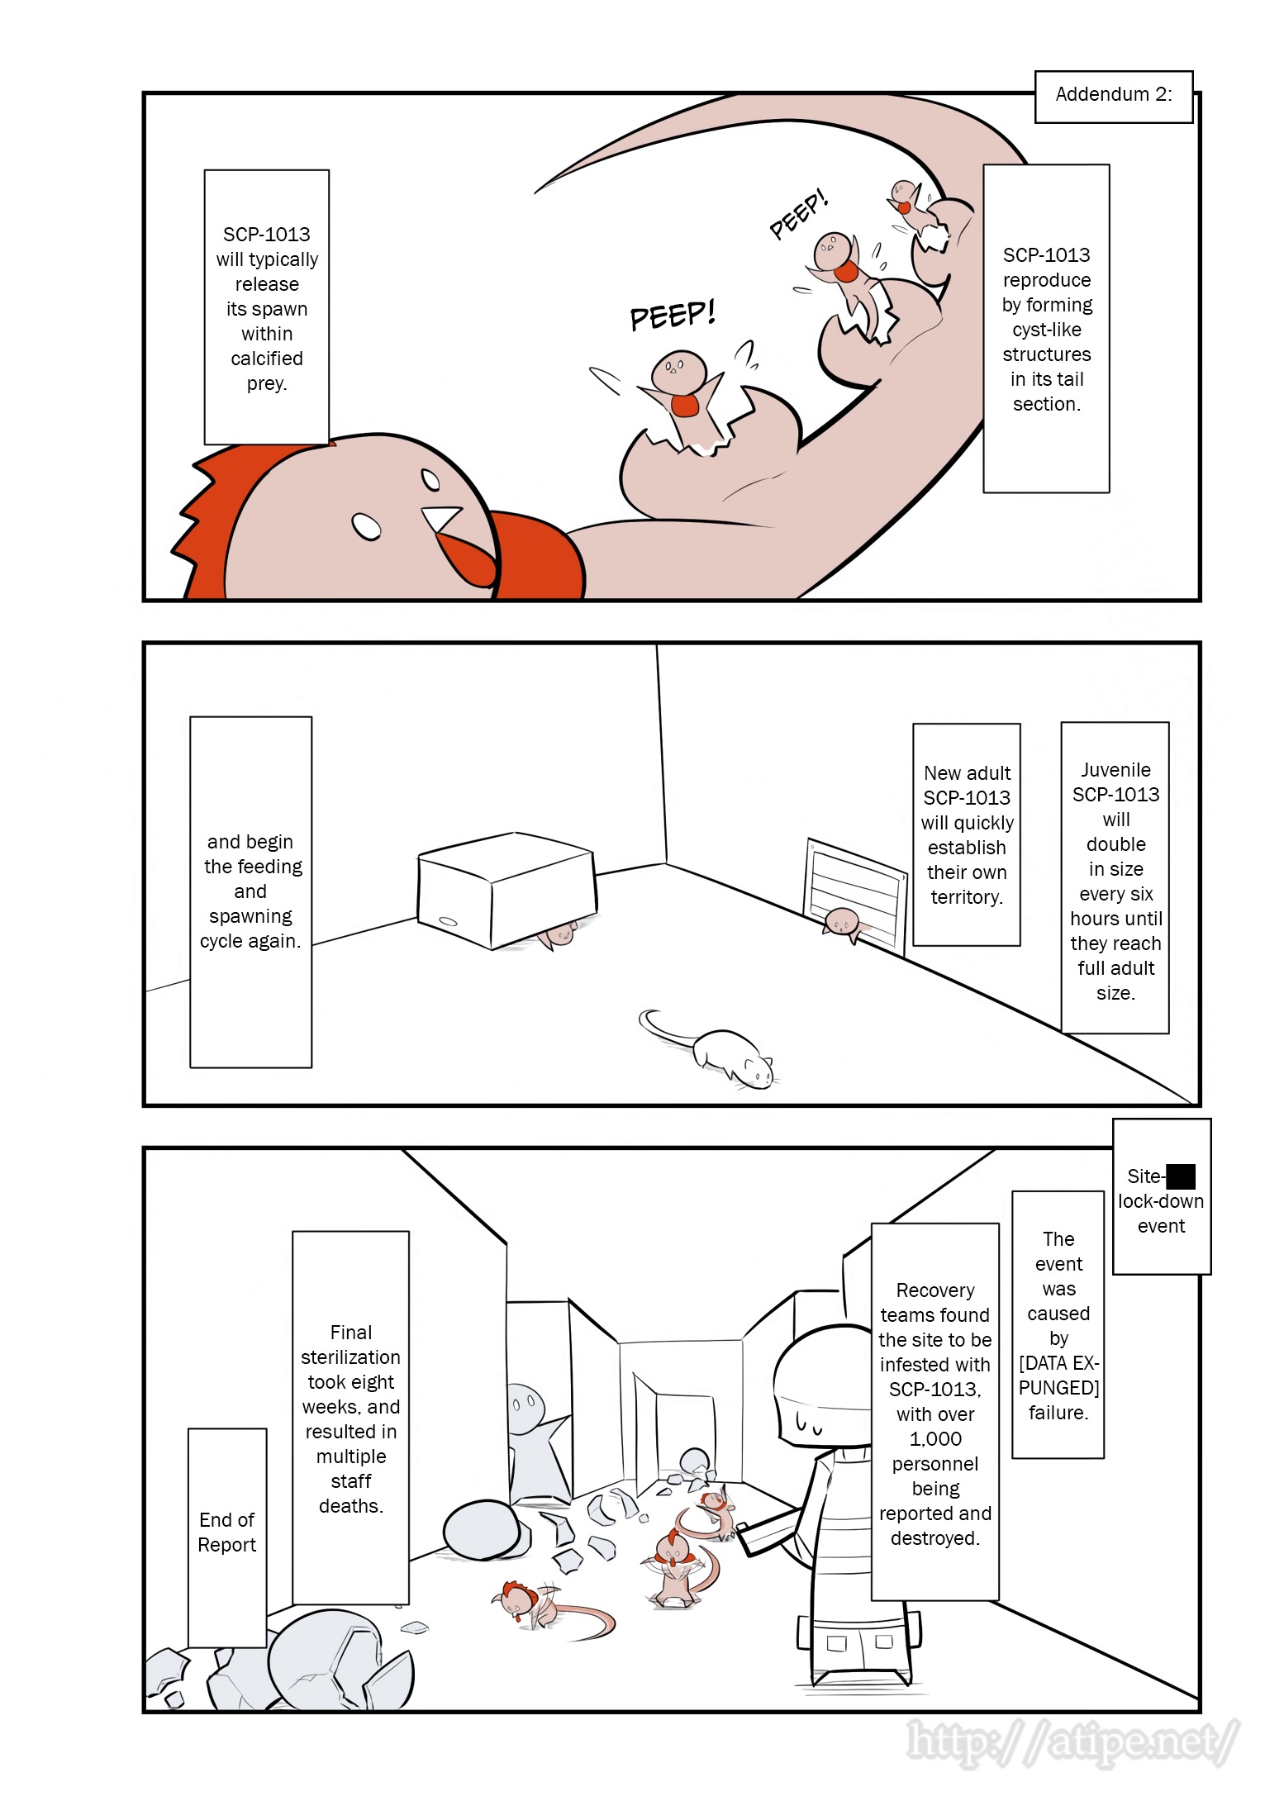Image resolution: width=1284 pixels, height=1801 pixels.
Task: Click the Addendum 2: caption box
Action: (x=1113, y=97)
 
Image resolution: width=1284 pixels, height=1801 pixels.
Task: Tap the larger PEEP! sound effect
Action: (x=672, y=314)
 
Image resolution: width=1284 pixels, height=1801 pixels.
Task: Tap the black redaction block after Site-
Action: (x=1181, y=1176)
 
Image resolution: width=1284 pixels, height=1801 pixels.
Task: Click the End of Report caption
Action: (x=227, y=1532)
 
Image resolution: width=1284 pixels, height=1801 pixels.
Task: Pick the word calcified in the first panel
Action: (x=266, y=359)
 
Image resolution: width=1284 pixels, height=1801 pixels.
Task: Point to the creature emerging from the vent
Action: (x=843, y=923)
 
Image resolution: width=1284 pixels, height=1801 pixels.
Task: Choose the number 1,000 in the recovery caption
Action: (x=935, y=1439)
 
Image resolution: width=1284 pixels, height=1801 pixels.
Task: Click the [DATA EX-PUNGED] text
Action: (x=1058, y=1376)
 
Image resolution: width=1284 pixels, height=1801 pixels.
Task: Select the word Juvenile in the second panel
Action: (x=1115, y=770)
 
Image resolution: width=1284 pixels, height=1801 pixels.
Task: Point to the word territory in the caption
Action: (x=967, y=897)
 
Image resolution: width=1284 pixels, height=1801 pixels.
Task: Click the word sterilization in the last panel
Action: (x=350, y=1357)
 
